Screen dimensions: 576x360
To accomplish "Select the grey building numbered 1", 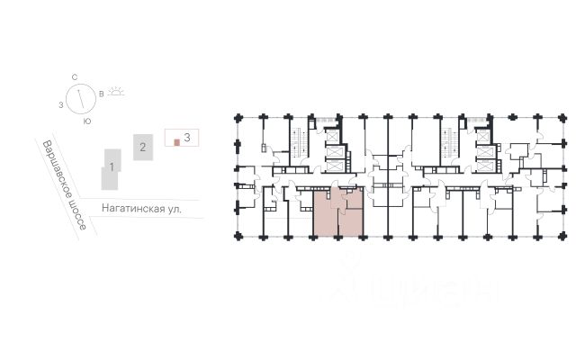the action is click(x=110, y=167).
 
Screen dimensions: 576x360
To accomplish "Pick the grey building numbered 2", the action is click(x=141, y=146).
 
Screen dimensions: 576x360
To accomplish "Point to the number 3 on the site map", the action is click(x=186, y=138).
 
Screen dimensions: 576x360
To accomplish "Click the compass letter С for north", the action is click(x=78, y=78).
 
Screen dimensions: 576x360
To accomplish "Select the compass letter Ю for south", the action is click(x=86, y=120).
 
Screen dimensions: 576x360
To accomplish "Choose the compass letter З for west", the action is click(x=59, y=105).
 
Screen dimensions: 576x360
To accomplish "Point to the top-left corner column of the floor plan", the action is click(x=237, y=117).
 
